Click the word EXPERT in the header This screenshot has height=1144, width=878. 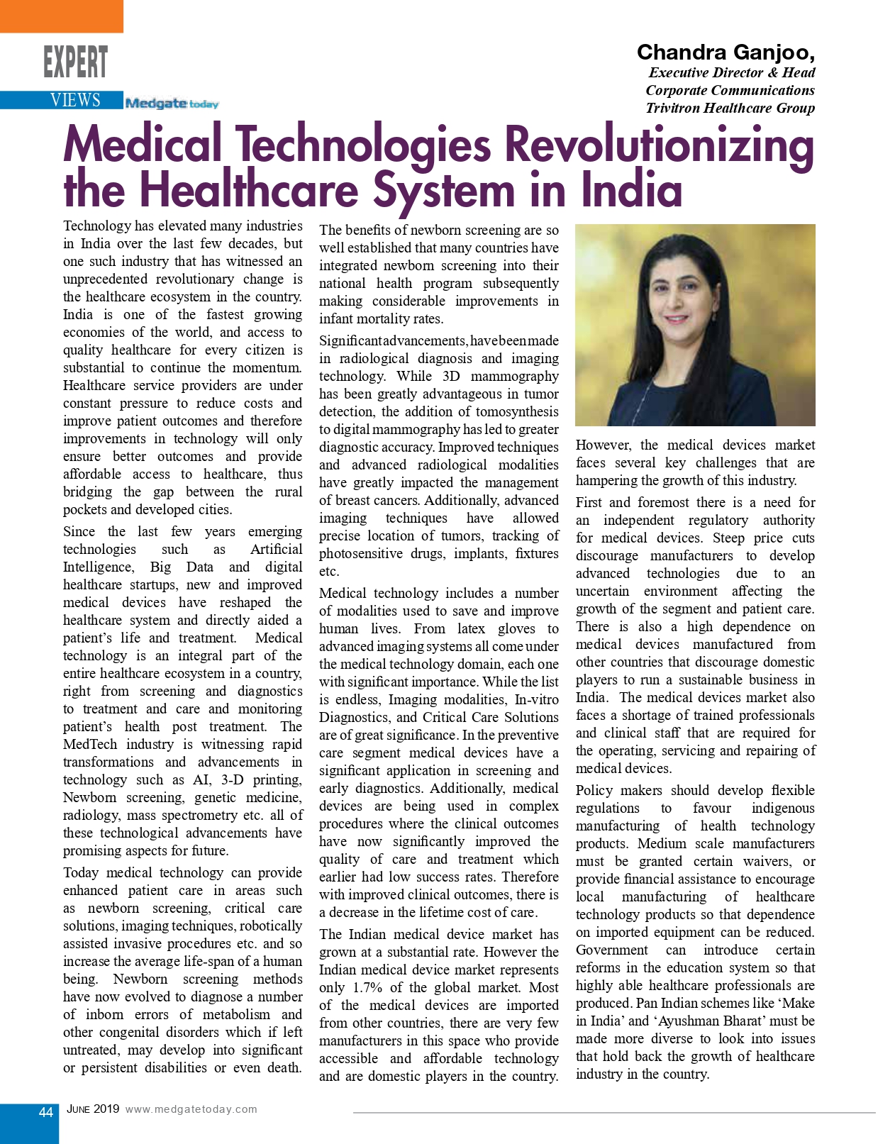(75, 62)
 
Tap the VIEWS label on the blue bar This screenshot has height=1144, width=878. (75, 100)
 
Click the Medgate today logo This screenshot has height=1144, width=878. (172, 104)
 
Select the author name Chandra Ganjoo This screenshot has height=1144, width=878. (725, 52)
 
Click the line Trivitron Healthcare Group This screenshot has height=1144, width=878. (730, 108)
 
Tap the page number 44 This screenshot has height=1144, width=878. (45, 1112)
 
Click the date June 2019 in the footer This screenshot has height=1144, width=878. (93, 1109)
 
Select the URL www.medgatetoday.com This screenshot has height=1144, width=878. (191, 1109)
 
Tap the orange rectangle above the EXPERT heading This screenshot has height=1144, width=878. (61, 16)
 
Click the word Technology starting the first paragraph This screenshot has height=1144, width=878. (96, 226)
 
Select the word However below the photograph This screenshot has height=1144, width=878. (603, 445)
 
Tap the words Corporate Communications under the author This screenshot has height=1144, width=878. (730, 90)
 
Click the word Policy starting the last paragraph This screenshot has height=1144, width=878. (594, 790)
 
